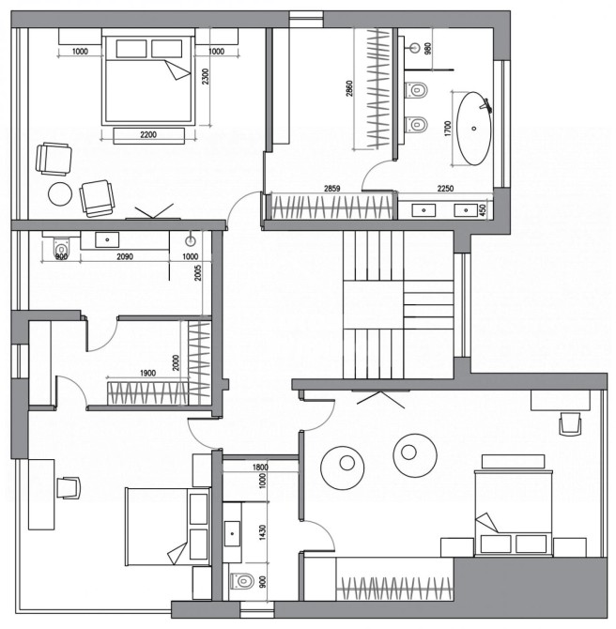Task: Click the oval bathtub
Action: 474,129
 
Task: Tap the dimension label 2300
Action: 205,76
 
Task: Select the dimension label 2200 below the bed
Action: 148,135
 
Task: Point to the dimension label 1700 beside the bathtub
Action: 448,129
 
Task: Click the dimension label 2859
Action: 331,188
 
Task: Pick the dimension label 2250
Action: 445,188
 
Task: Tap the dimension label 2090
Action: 125,256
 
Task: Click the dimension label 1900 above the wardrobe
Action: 147,373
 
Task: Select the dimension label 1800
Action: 260,467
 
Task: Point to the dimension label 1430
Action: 262,532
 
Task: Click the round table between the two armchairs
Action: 60,194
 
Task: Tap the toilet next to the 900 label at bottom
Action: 242,580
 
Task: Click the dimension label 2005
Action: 198,273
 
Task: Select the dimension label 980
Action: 428,49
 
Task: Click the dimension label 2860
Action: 349,88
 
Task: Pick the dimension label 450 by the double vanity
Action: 483,209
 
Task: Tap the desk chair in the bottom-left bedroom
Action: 69,487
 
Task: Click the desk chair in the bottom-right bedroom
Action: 570,423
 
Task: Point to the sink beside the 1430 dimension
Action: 232,533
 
